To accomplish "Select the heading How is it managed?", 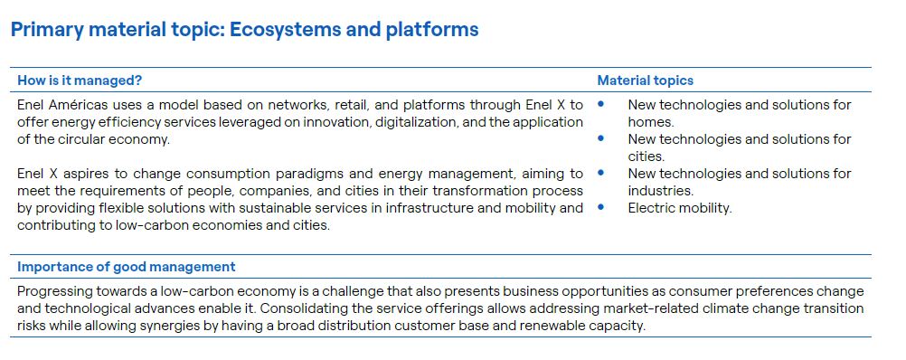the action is pyautogui.click(x=80, y=81).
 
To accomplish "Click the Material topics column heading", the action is pyautogui.click(x=646, y=81).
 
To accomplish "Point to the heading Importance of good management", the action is pyautogui.click(x=127, y=267).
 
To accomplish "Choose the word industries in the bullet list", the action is pyautogui.click(x=660, y=191).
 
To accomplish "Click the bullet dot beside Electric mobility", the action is pyautogui.click(x=601, y=206).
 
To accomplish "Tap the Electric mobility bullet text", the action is pyautogui.click(x=680, y=208).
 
